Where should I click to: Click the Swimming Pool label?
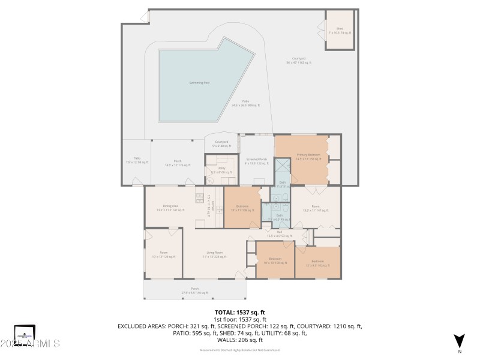pyautogui.click(x=199, y=83)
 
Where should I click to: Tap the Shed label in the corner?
pyautogui.click(x=340, y=30)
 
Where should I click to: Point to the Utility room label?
pyautogui.click(x=221, y=170)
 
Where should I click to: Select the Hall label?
pyautogui.click(x=279, y=233)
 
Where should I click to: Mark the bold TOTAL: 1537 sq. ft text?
pyautogui.click(x=240, y=313)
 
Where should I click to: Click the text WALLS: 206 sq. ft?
pyautogui.click(x=240, y=340)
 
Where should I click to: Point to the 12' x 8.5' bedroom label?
pyautogui.click(x=317, y=263)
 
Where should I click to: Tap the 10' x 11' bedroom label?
pyautogui.click(x=242, y=209)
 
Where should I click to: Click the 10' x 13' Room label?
pyautogui.click(x=163, y=254)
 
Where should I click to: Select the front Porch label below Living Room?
pyautogui.click(x=195, y=291)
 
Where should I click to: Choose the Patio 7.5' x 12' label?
pyautogui.click(x=133, y=160)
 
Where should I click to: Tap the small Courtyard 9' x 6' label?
pyautogui.click(x=221, y=144)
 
